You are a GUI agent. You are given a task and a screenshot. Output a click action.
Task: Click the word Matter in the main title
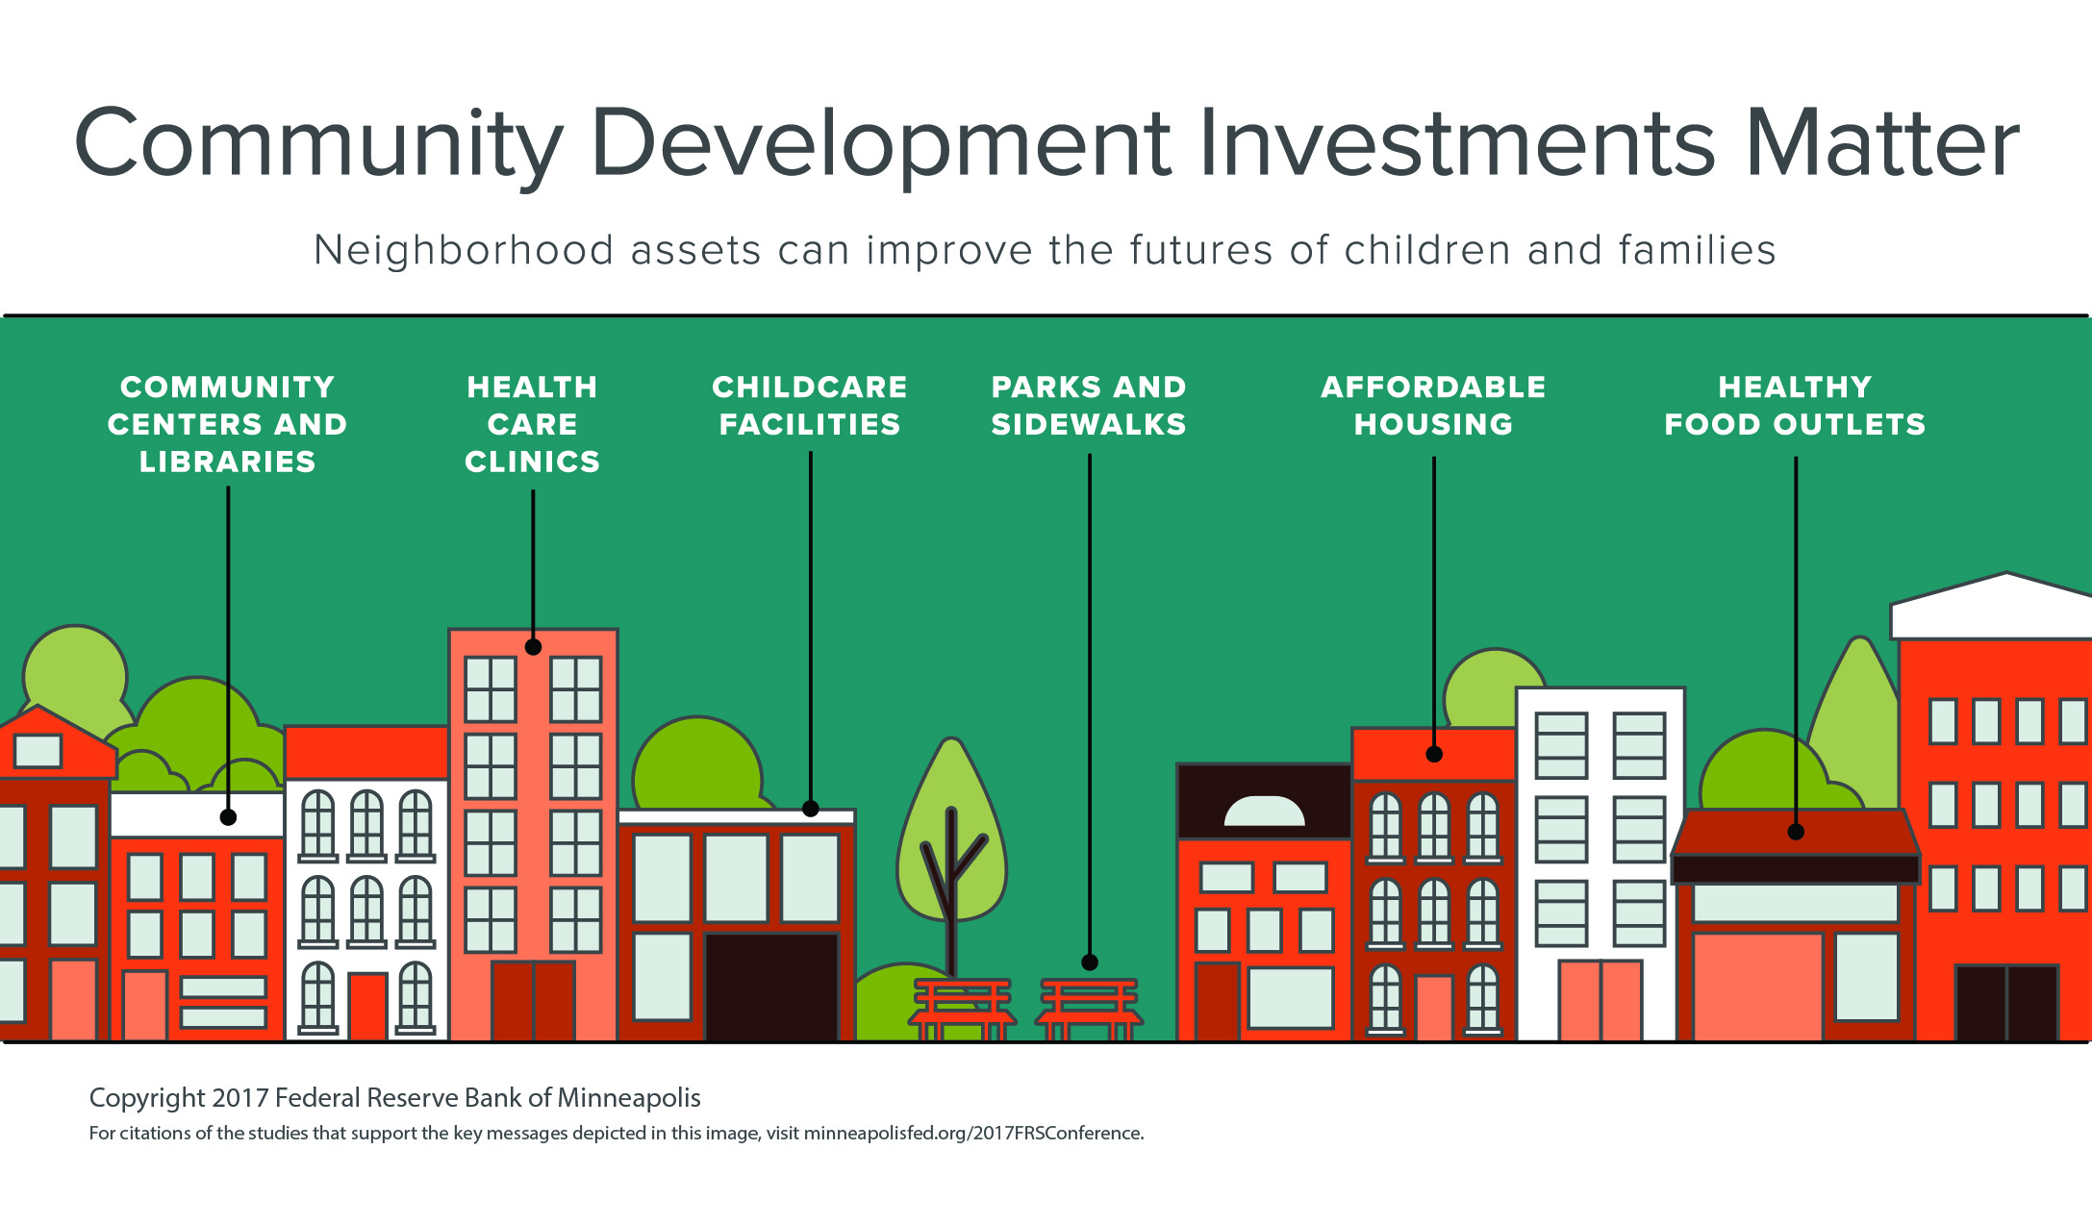[x=1881, y=144]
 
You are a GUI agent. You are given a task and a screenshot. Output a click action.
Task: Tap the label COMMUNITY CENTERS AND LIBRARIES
[x=227, y=424]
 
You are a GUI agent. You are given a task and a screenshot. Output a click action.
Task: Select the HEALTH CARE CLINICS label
[x=532, y=424]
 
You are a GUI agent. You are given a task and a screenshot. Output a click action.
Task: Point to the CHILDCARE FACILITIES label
[x=810, y=406]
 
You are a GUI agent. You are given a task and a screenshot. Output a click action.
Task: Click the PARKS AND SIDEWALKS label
[x=1089, y=406]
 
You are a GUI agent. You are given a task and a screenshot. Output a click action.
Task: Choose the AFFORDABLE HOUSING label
[x=1433, y=406]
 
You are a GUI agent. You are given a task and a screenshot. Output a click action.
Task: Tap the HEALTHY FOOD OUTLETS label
[x=1795, y=406]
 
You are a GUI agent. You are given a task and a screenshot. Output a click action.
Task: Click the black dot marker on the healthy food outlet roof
[x=1796, y=832]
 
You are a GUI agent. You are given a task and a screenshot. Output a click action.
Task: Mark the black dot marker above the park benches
[x=1090, y=962]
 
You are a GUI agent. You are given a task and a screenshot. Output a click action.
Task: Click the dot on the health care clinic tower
[x=533, y=647]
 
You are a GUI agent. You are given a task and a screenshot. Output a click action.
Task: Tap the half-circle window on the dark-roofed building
[x=1264, y=813]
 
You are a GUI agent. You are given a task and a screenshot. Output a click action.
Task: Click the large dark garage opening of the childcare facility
[x=771, y=986]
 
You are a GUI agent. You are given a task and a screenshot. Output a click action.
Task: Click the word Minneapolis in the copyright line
[x=629, y=1098]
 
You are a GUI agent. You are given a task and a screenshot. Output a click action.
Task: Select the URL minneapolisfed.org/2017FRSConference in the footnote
[x=973, y=1134]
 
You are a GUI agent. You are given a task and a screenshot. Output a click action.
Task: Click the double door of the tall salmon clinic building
[x=533, y=1000]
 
